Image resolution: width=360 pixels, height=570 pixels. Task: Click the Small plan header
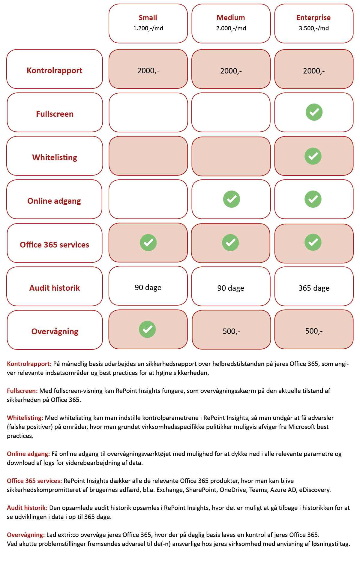148,18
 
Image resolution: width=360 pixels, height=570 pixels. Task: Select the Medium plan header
231,18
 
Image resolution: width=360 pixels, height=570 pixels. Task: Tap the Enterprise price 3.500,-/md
313,28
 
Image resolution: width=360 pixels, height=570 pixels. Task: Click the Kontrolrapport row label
55,70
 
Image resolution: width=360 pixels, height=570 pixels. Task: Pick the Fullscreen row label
55,114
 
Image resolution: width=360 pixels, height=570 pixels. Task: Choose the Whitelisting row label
55,157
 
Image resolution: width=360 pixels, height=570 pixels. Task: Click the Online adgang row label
54,201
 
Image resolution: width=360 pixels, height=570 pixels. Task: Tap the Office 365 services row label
55,245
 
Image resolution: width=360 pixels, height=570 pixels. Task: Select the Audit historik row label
55,288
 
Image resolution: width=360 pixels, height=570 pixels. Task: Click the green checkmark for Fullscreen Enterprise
314,112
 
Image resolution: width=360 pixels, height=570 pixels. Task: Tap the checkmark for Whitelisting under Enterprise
313,156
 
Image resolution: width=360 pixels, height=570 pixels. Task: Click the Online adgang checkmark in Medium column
232,199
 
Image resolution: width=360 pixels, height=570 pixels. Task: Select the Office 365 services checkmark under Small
148,242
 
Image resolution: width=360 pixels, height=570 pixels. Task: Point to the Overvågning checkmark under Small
147,329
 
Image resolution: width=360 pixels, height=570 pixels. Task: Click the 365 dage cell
314,288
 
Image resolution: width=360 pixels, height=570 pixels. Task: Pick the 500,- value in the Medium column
231,331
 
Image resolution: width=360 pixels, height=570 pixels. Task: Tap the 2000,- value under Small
148,70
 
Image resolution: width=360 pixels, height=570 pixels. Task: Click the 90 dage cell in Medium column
231,288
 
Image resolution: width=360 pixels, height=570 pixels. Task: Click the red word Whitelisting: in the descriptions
25,418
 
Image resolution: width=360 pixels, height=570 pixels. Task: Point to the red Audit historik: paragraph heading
27,508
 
